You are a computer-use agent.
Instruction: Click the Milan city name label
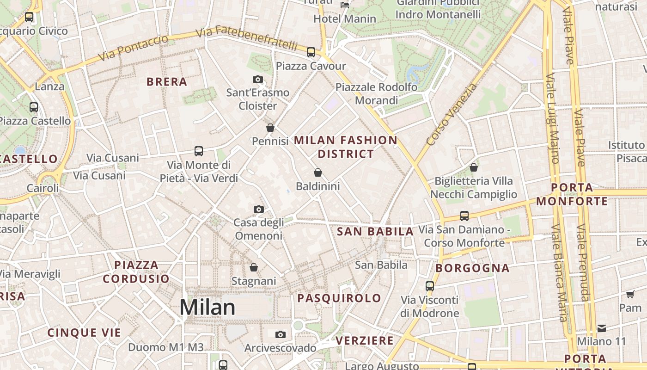pyautogui.click(x=208, y=307)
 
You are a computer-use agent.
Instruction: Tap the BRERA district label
pyautogui.click(x=167, y=82)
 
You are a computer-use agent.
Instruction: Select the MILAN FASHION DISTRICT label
pyautogui.click(x=346, y=147)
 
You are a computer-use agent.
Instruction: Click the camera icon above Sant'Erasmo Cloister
pyautogui.click(x=258, y=80)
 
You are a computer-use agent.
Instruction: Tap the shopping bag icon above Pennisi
pyautogui.click(x=270, y=128)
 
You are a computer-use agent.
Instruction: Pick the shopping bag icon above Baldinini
pyautogui.click(x=318, y=173)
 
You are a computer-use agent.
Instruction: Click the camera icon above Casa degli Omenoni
pyautogui.click(x=259, y=209)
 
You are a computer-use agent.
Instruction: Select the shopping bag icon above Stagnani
pyautogui.click(x=254, y=267)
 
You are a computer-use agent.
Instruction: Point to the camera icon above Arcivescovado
pyautogui.click(x=280, y=334)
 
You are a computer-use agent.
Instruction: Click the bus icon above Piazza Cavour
pyautogui.click(x=311, y=52)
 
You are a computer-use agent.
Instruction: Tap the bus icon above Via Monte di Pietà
pyautogui.click(x=199, y=151)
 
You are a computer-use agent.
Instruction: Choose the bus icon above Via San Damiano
pyautogui.click(x=464, y=216)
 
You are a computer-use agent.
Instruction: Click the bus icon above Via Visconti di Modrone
pyautogui.click(x=430, y=286)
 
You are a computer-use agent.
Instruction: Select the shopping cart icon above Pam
pyautogui.click(x=630, y=294)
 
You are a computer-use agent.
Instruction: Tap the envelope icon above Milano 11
pyautogui.click(x=602, y=328)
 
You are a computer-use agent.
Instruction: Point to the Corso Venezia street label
pyautogui.click(x=452, y=114)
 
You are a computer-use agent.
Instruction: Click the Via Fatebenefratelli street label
pyautogui.click(x=246, y=39)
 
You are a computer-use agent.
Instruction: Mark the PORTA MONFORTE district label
pyautogui.click(x=572, y=194)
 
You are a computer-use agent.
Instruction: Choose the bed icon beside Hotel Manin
pyautogui.click(x=345, y=5)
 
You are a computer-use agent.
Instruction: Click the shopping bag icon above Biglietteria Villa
pyautogui.click(x=474, y=167)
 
